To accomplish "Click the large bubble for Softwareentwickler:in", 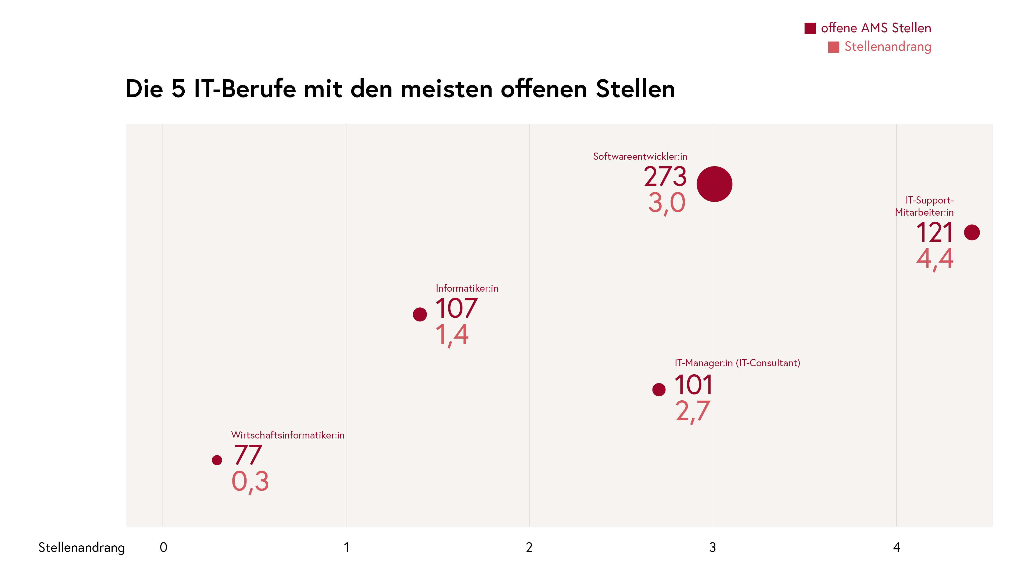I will (x=714, y=184).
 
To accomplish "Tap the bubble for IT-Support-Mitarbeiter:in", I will (x=972, y=232).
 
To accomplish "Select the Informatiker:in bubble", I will (x=420, y=314).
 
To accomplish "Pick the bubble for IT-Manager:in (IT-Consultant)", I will (x=659, y=389).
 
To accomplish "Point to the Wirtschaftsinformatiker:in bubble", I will (x=217, y=460).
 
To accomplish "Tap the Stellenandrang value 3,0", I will (x=666, y=203).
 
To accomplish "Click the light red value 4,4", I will (x=935, y=259).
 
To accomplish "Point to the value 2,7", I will (x=693, y=411).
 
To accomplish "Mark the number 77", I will (x=248, y=455).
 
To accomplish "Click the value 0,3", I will (x=250, y=481).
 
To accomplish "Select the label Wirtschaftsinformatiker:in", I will (x=288, y=435).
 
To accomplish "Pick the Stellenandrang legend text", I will (x=887, y=47).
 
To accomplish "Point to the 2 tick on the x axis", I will (x=529, y=547).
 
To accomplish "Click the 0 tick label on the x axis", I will (x=163, y=547).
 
